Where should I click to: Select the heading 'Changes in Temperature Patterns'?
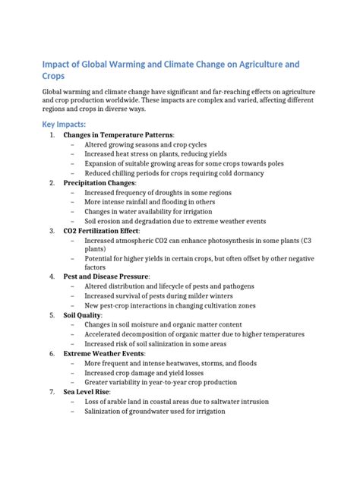(x=118, y=135)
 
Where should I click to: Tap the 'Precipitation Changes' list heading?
(x=99, y=183)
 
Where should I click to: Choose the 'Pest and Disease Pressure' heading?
(x=106, y=276)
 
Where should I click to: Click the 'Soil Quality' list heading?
(x=82, y=314)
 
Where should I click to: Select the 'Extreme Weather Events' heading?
(x=103, y=354)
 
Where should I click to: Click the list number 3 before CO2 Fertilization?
(x=51, y=230)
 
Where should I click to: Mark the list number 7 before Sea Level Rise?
(x=51, y=392)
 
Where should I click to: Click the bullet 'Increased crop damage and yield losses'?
(x=147, y=373)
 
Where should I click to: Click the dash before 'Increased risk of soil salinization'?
(x=71, y=344)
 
